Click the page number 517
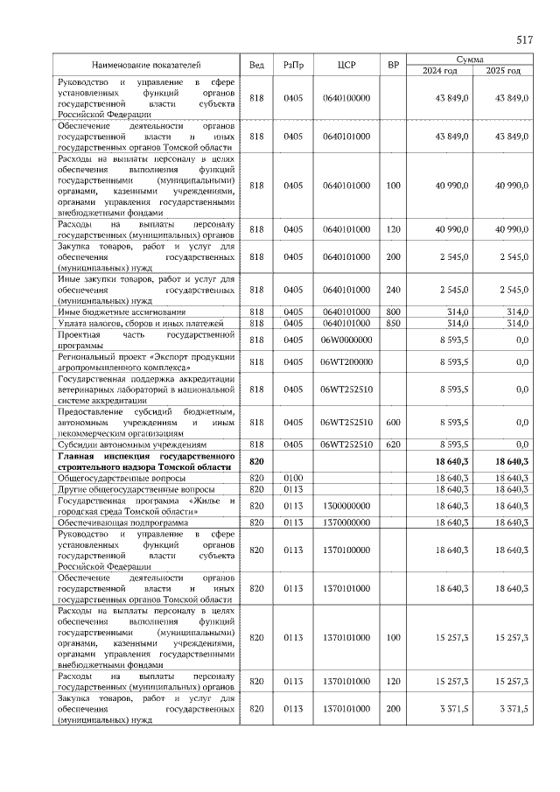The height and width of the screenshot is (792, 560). click(x=524, y=40)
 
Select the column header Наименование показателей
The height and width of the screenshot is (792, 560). click(x=147, y=65)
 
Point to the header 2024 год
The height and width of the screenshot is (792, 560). click(x=440, y=71)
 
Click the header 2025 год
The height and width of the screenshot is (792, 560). click(x=502, y=71)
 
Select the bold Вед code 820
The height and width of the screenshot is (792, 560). click(x=256, y=461)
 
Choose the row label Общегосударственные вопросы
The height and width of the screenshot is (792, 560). click(x=122, y=479)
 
